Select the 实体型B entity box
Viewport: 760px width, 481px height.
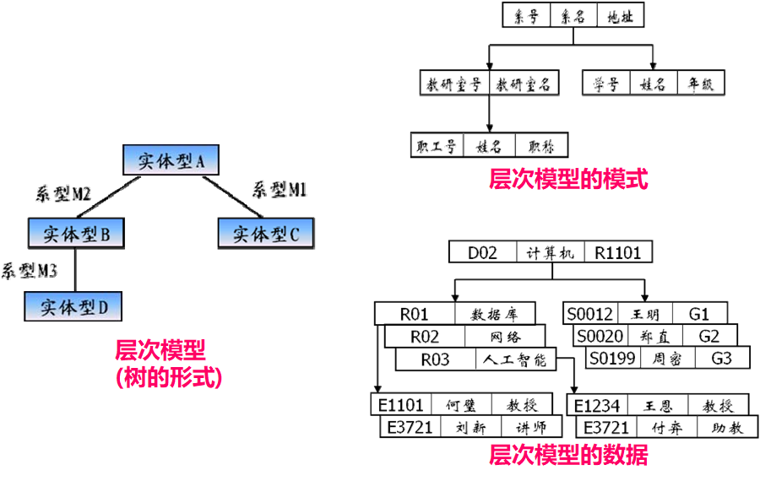click(76, 234)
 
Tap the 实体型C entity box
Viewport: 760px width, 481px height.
click(265, 234)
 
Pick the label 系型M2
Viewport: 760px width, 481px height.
click(62, 194)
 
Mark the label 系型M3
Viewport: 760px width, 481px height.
click(29, 271)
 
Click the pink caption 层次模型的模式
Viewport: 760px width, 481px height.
click(568, 179)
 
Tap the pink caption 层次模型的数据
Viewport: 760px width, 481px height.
click(568, 457)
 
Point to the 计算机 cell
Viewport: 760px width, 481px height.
click(549, 252)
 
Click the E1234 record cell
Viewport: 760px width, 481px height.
click(596, 406)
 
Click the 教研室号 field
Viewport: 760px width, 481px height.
click(453, 84)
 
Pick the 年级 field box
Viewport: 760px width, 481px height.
click(700, 84)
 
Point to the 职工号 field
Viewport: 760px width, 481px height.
click(437, 145)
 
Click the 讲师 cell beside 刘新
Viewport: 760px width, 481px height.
click(531, 427)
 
